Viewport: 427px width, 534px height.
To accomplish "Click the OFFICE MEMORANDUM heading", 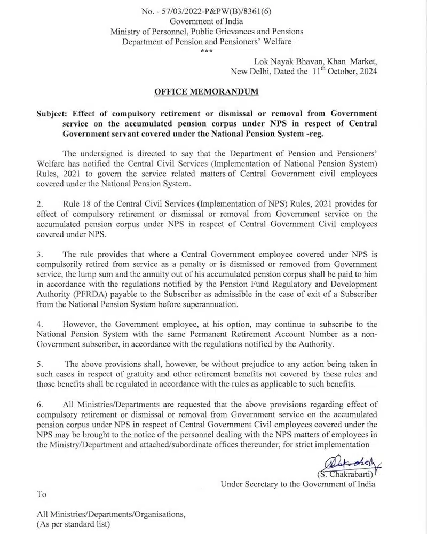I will pos(206,92).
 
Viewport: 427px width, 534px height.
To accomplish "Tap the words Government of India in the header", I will pos(206,21).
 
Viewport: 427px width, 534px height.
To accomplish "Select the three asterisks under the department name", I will pos(205,51).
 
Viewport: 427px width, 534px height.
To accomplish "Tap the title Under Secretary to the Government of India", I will pos(298,484).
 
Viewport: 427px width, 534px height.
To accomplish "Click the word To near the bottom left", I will pos(42,494).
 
